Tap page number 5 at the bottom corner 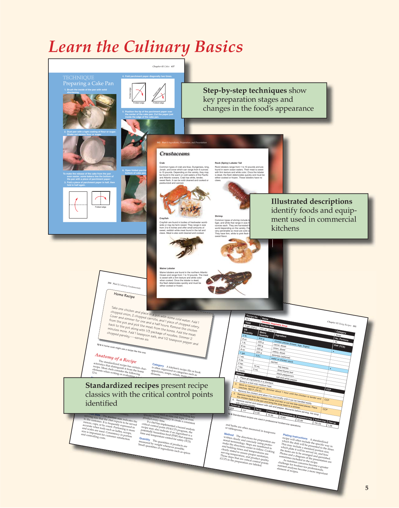pos(367,488)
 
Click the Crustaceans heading pos(175,154)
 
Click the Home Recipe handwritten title pos(124,295)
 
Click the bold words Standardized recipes pos(122,385)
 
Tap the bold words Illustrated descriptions pos(311,201)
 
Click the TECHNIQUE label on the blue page pos(79,77)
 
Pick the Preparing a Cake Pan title pos(88,84)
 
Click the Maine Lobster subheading pos(167,268)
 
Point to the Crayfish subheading pos(164,218)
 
